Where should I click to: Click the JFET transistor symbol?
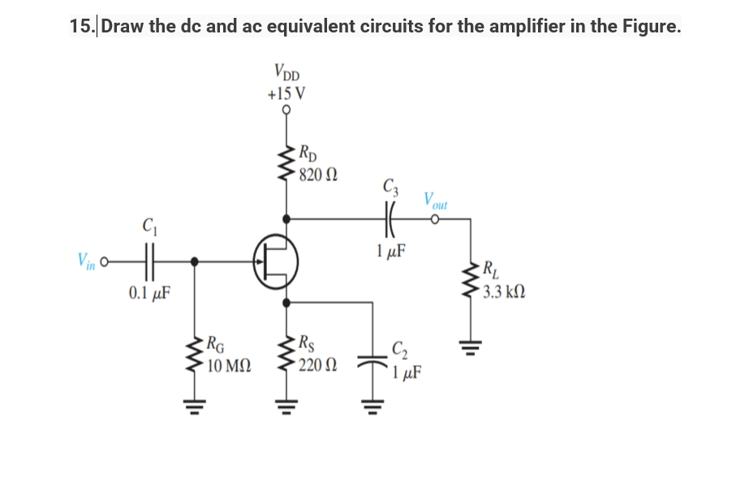[x=274, y=262]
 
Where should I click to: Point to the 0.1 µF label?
[x=149, y=292]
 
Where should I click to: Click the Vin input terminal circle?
[x=106, y=261]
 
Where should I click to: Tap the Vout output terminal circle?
[x=436, y=218]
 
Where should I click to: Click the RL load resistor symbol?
[x=471, y=280]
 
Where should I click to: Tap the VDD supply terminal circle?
[x=286, y=111]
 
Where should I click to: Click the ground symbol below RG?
[x=193, y=403]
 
